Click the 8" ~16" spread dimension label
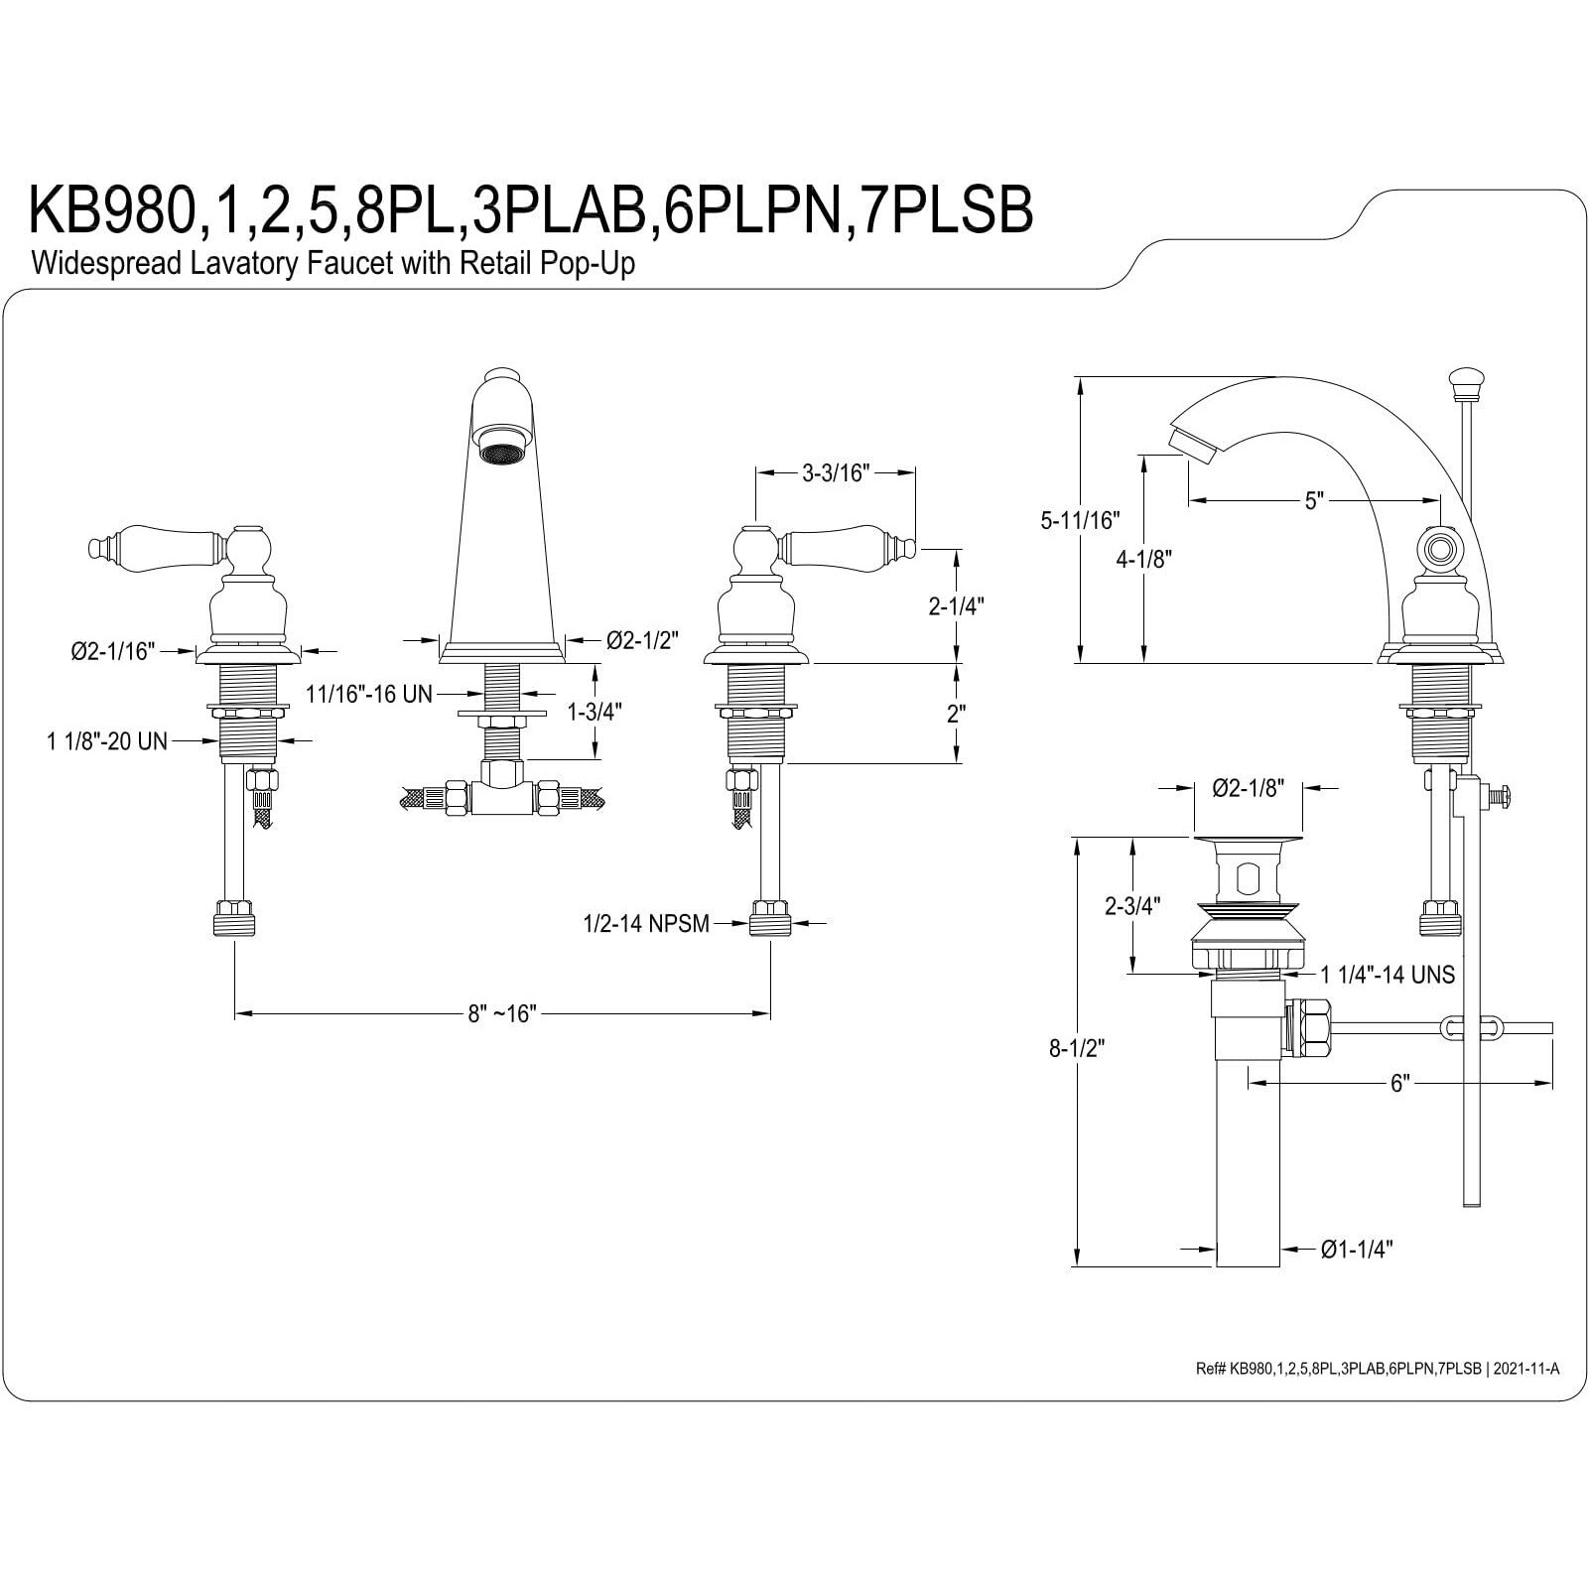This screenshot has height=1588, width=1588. [502, 1013]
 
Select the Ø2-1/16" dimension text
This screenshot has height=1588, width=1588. [113, 651]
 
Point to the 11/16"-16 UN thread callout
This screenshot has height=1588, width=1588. [368, 694]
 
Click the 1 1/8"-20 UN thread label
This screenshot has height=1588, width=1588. [107, 740]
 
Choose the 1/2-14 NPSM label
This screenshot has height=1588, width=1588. [646, 924]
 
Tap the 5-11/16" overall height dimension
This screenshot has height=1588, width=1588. [1079, 519]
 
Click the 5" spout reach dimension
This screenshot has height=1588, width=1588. [1315, 501]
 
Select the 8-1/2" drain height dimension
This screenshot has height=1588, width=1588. [1077, 1048]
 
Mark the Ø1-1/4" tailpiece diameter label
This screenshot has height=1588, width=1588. [1357, 1250]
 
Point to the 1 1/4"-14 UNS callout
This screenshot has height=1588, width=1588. [1388, 975]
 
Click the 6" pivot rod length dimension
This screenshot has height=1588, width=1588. [1399, 1084]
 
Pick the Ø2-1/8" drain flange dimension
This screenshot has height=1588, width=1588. [1249, 788]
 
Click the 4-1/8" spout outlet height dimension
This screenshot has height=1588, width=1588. [1144, 559]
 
